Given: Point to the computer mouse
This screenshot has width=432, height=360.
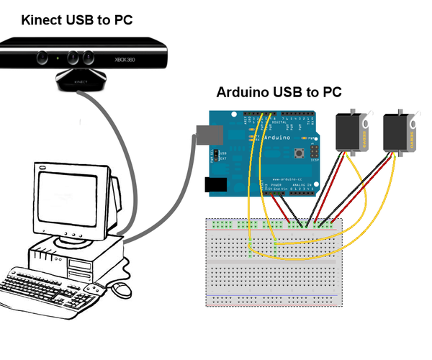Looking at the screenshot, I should tap(122, 289).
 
